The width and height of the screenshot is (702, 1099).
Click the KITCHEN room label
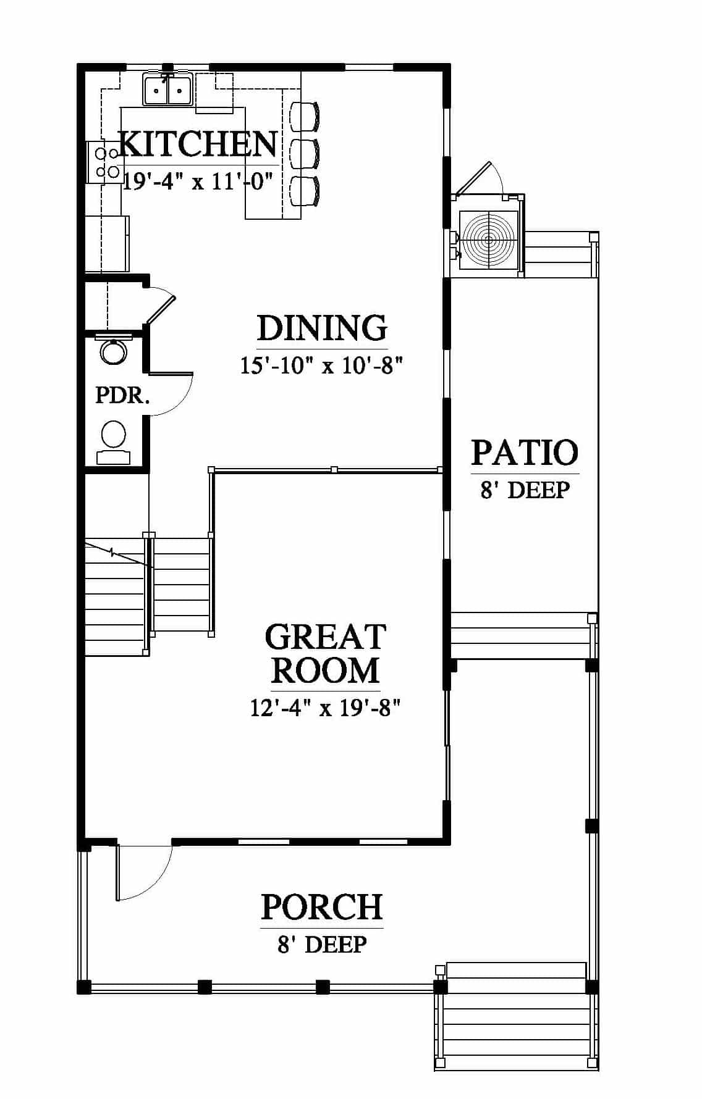[x=198, y=144]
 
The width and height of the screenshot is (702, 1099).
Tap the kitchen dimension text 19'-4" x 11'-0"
[x=198, y=182]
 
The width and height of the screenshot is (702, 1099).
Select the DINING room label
[x=322, y=328]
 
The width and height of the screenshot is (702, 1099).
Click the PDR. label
[x=122, y=395]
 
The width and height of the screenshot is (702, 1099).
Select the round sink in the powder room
[x=114, y=351]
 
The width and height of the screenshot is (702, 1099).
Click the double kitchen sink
[x=168, y=90]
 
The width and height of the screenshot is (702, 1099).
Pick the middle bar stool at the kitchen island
[x=305, y=154]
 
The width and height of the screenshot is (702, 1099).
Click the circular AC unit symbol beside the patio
[x=488, y=240]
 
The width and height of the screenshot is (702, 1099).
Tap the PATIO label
[x=525, y=452]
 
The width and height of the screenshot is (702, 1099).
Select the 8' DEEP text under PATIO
[x=525, y=490]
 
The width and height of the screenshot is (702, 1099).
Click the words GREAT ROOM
[x=325, y=654]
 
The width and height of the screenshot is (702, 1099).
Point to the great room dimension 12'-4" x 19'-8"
[x=326, y=708]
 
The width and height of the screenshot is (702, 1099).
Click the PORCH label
[x=322, y=907]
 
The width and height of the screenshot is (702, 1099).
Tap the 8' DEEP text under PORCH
[x=322, y=945]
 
